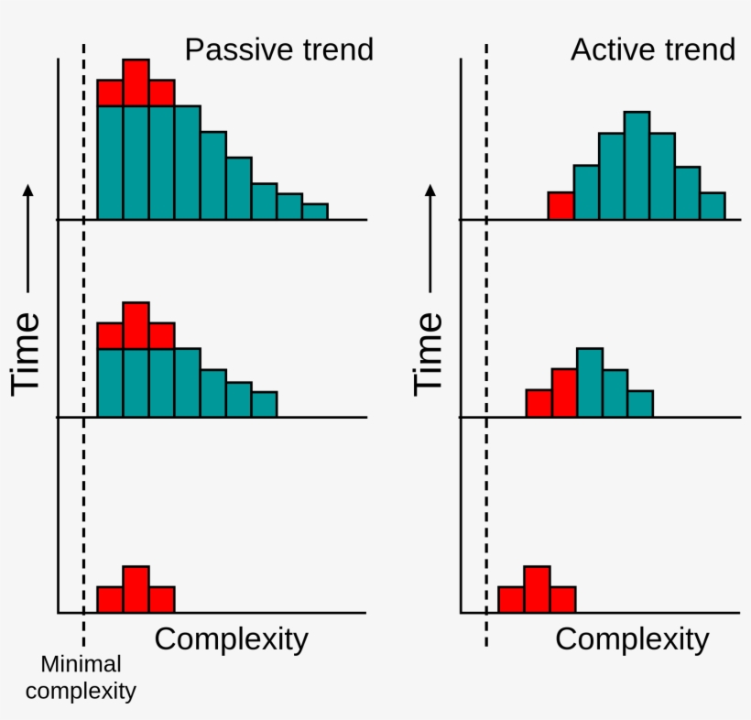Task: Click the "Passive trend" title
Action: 278,49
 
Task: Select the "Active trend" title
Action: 652,49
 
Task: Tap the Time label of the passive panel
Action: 27,353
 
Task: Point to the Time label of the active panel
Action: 428,353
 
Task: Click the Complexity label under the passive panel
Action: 231,638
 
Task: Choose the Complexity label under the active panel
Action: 632,638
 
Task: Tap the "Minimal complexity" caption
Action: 81,678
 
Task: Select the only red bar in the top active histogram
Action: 561,206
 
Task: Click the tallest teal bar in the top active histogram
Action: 637,166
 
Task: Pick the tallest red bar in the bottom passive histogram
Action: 136,589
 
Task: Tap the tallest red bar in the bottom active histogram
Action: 537,589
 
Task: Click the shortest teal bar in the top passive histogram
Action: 315,212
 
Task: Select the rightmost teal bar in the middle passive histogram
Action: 264,404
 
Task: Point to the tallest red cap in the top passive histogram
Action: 136,82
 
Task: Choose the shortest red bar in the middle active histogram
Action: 539,403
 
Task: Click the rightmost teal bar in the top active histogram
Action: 713,206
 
